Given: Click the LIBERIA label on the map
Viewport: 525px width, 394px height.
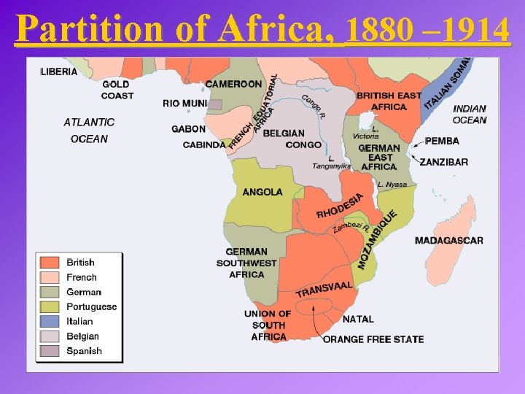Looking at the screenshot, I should tap(59, 72).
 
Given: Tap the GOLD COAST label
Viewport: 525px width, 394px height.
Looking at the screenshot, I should tap(117, 90).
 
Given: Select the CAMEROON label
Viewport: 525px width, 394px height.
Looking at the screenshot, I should tap(233, 84).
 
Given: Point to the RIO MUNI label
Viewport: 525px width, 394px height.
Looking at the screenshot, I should tap(184, 104).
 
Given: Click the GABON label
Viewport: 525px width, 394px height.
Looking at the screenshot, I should tap(188, 129).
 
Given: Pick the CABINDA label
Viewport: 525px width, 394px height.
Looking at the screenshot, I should tap(204, 145).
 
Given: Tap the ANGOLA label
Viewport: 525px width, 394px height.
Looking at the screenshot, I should tap(262, 193).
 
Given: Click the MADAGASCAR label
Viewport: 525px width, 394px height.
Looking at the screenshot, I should tap(448, 241).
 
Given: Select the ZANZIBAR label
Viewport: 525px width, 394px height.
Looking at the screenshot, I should tap(444, 162).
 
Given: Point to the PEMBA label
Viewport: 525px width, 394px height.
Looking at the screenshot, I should tap(442, 141).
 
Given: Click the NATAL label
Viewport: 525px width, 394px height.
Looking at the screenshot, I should tap(358, 319).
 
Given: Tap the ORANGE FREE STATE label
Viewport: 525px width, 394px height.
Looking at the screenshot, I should tap(373, 339).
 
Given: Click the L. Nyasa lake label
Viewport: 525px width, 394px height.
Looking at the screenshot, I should tap(392, 185).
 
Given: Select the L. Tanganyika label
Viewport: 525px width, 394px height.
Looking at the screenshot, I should tap(332, 162).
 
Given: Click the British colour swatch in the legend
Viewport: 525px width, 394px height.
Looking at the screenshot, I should tap(50, 263).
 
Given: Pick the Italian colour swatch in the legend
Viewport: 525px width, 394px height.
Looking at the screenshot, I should tap(50, 321).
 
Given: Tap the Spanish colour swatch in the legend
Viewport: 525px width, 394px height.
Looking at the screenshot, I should tap(50, 351).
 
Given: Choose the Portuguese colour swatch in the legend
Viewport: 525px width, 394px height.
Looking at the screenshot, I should tap(50, 306).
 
